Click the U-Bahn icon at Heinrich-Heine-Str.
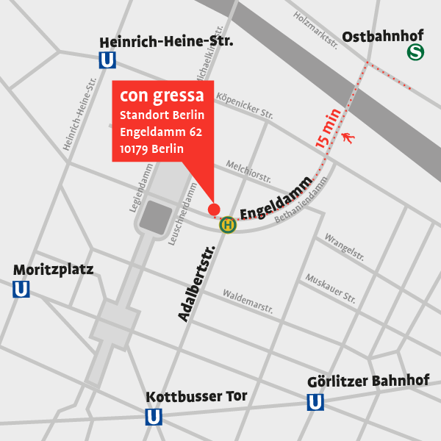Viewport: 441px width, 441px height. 108,60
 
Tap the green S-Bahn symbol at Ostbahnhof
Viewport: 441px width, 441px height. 416,53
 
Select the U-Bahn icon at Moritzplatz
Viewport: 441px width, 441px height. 21,290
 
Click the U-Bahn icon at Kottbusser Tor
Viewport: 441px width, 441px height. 154,417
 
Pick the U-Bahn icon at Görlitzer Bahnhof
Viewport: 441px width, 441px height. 315,402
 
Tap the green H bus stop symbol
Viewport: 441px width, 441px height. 228,225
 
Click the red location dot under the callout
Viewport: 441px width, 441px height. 214,209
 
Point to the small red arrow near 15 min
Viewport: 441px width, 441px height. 348,136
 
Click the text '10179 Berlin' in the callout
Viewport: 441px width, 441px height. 151,149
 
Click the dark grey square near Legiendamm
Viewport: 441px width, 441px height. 156,218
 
